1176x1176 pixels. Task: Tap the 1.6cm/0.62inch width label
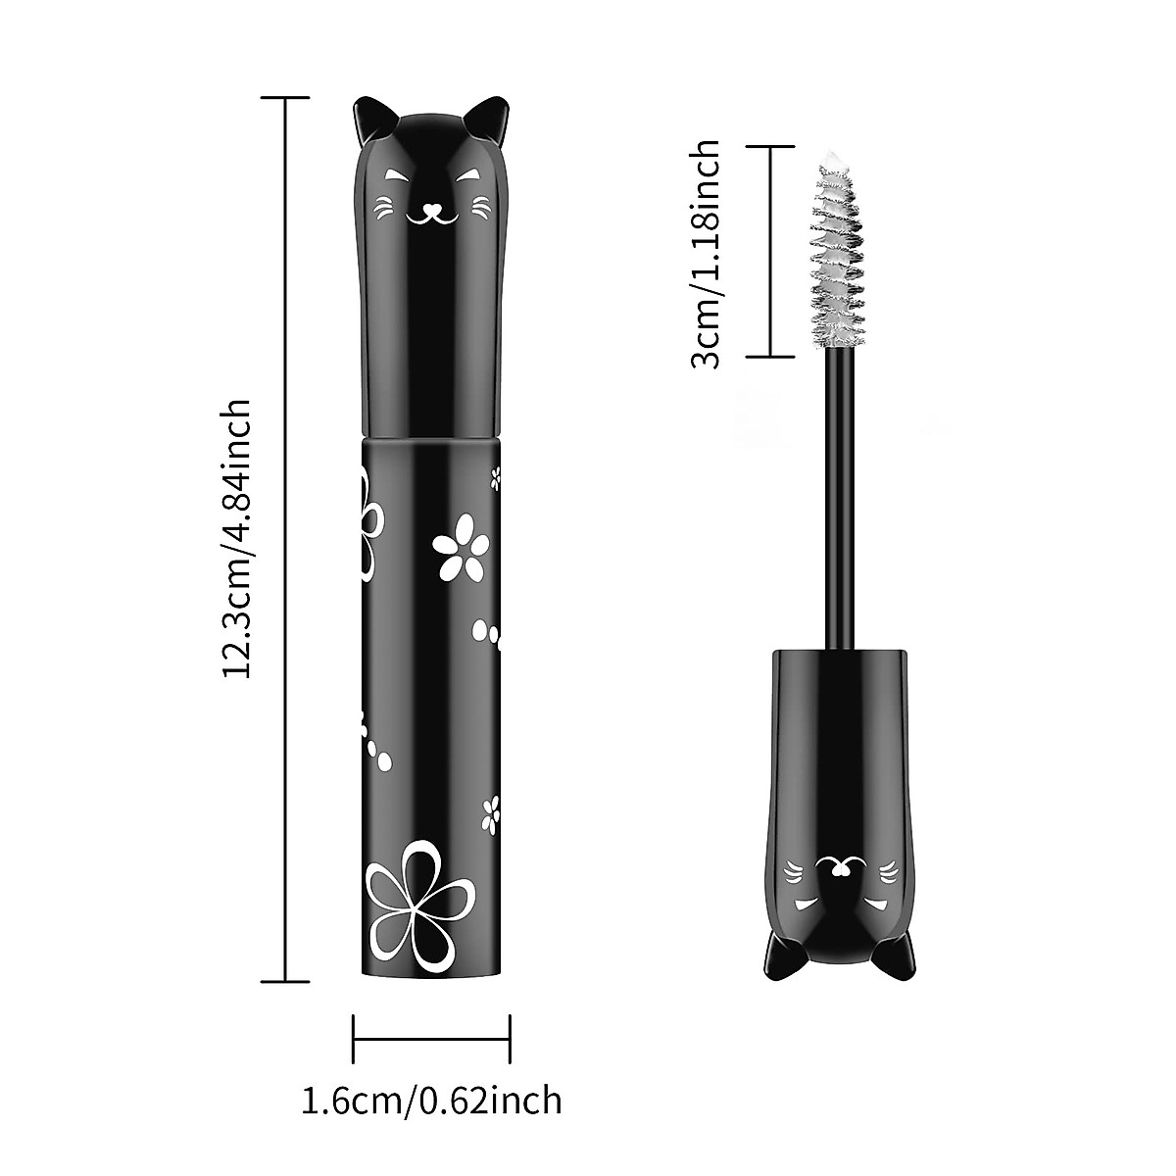(x=431, y=1100)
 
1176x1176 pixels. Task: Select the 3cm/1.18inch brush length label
(x=706, y=253)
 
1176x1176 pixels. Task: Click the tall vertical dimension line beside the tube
(x=285, y=539)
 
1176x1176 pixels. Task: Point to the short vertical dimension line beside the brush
(x=769, y=252)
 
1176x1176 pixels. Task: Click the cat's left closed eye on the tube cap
(x=396, y=176)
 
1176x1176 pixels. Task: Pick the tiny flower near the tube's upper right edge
(x=495, y=477)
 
